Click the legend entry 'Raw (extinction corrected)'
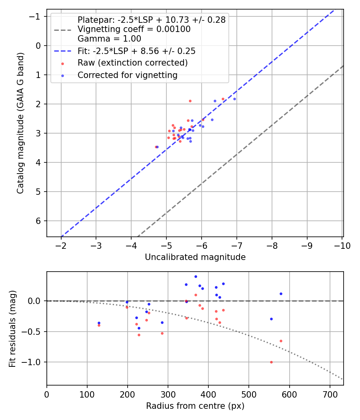[132, 63]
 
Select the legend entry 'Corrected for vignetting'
[128, 75]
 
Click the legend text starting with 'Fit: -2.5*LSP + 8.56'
[136, 51]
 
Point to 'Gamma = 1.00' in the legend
[109, 39]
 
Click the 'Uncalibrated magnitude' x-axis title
[195, 257]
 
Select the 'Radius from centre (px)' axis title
[195, 406]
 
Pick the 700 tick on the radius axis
[330, 394]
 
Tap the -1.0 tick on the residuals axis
[34, 362]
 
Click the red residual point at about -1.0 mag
[271, 362]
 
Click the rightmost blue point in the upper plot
[234, 99]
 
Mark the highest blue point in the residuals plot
[196, 276]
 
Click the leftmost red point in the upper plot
[156, 147]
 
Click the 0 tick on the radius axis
[47, 394]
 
